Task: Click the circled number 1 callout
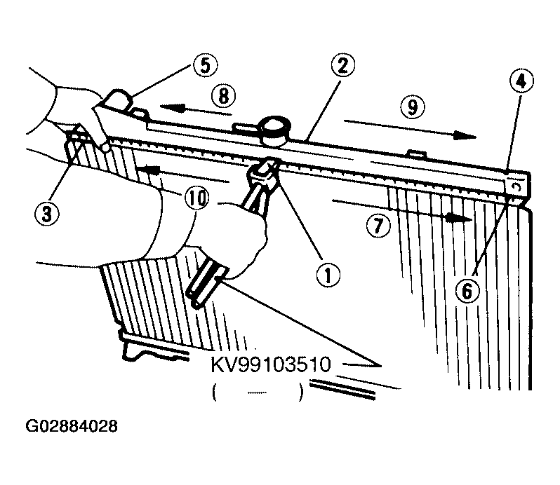(328, 274)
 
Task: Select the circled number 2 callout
(343, 66)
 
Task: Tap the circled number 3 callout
(47, 214)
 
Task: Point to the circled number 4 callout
(522, 81)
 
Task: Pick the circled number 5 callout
(206, 65)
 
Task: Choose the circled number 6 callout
(467, 291)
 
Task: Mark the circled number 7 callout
(378, 226)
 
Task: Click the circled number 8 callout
(224, 95)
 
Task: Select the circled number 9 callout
(413, 107)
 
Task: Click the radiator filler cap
(275, 130)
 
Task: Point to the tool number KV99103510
(272, 365)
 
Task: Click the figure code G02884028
(72, 426)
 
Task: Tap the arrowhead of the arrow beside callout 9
(465, 136)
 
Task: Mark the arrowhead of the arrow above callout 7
(459, 218)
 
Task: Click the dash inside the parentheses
(257, 393)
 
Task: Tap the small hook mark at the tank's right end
(517, 186)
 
